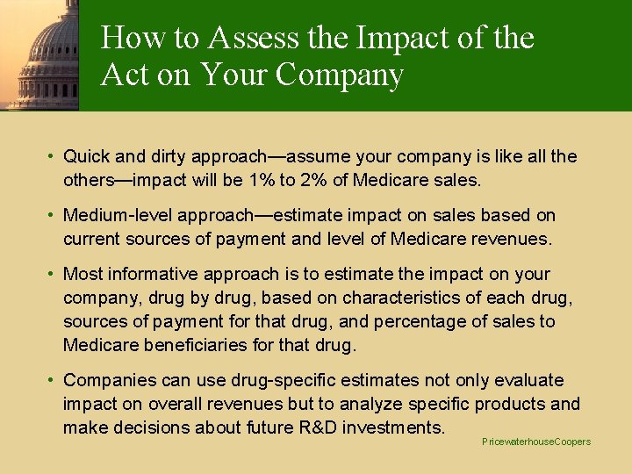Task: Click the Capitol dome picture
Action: point(40,54)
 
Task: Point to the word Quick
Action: point(86,156)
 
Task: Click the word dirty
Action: point(167,156)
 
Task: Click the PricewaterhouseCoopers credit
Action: point(536,442)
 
